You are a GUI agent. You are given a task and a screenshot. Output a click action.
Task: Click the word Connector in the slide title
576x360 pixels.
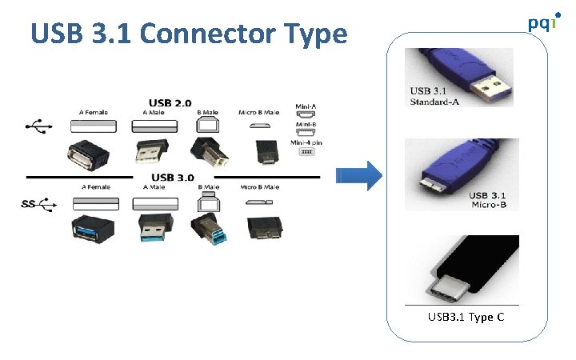click(209, 34)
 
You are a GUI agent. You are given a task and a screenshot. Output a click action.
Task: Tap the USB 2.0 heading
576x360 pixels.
click(170, 102)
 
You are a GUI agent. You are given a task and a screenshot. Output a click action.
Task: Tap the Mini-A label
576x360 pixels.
click(305, 106)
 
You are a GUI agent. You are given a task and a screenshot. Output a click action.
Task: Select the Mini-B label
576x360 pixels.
click(305, 125)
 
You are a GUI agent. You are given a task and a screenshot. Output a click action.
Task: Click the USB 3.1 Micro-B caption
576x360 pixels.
click(487, 199)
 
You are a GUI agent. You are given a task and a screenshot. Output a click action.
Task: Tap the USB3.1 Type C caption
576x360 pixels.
click(466, 318)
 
